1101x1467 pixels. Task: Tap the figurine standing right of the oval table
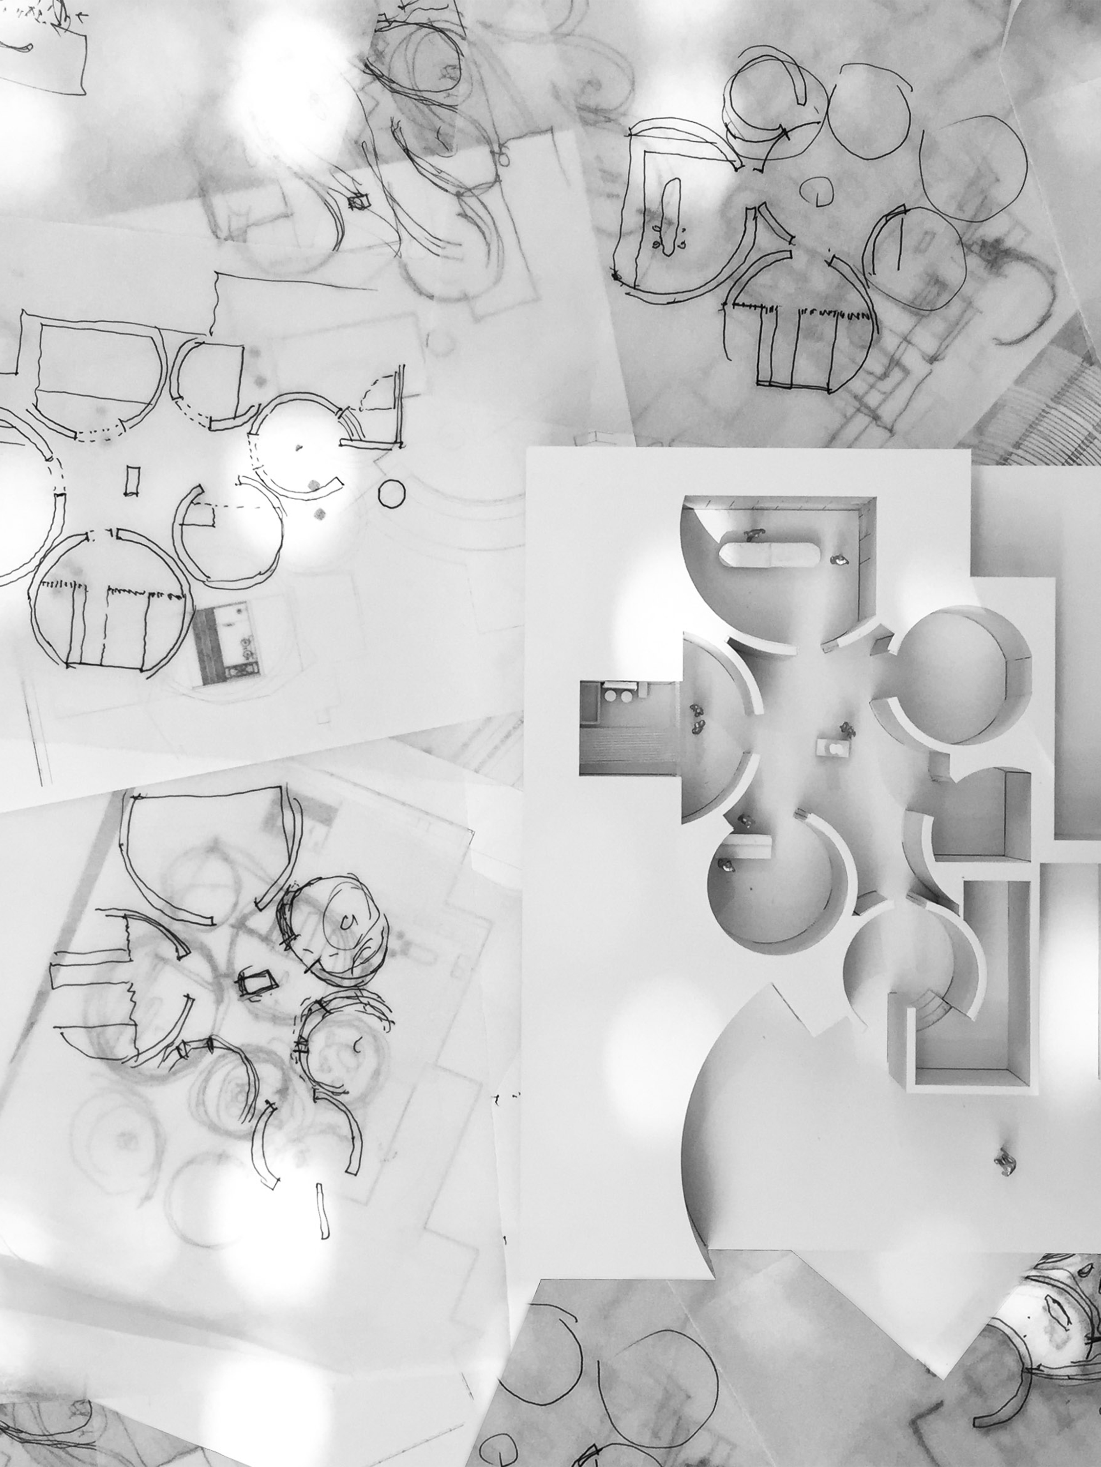(839, 559)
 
